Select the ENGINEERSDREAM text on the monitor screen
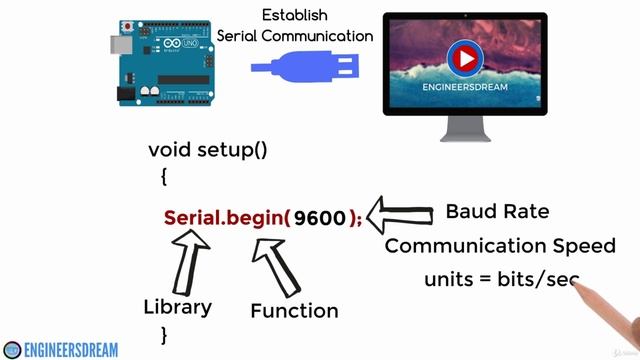click(x=463, y=88)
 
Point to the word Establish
click(x=295, y=15)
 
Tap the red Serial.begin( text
click(x=227, y=218)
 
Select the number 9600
click(x=320, y=218)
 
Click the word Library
click(x=178, y=307)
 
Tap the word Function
click(x=294, y=311)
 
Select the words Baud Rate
click(x=497, y=212)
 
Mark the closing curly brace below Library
click(x=164, y=334)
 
